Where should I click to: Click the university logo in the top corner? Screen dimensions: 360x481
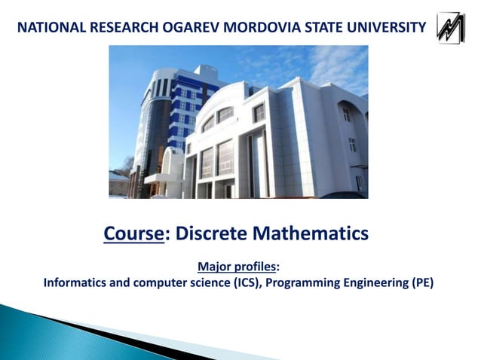tap(452, 28)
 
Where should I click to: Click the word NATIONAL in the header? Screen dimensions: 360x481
tap(50, 29)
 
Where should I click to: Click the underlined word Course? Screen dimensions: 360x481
tap(133, 234)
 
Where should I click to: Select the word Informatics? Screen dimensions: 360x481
tap(76, 284)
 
